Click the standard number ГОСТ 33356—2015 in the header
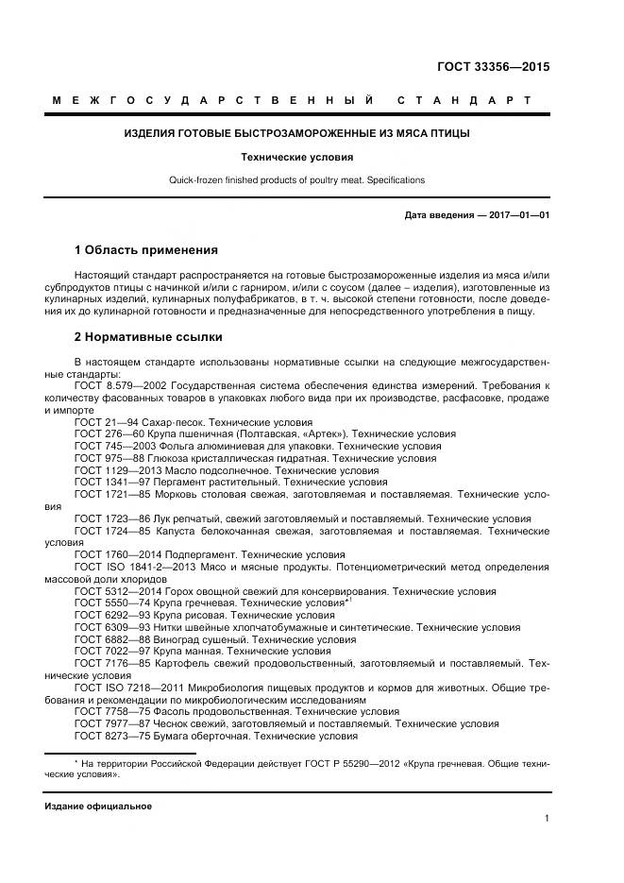click(492, 67)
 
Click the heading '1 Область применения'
click(145, 250)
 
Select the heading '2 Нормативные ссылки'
click(148, 336)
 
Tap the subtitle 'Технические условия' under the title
click(296, 157)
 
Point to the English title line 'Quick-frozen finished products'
click(296, 179)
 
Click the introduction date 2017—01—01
click(516, 215)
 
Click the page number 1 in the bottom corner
click(547, 820)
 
